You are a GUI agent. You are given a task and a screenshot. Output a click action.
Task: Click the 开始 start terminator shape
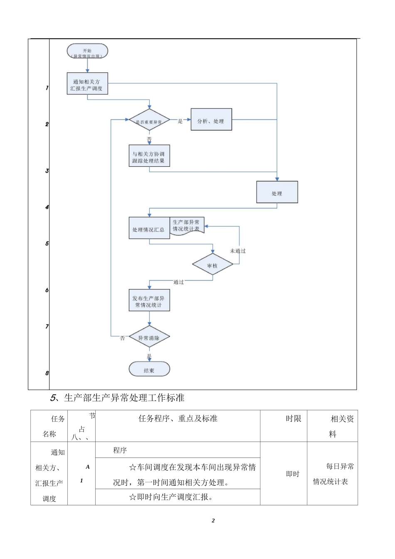point(87,52)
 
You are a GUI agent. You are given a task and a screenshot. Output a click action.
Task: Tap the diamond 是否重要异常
point(149,121)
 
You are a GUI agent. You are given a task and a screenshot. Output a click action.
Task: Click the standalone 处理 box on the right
point(277,193)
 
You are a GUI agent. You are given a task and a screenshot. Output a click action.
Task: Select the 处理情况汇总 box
point(149,228)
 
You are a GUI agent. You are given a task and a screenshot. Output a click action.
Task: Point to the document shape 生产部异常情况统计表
point(187,226)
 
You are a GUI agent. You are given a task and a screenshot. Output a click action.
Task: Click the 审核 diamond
point(212,265)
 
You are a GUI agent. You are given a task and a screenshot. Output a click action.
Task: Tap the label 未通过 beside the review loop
point(238,251)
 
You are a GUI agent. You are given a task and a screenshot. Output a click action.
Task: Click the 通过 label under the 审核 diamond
point(179,282)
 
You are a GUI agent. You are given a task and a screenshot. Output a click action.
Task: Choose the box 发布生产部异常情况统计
point(149,301)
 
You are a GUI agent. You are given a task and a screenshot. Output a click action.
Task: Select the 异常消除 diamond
point(149,337)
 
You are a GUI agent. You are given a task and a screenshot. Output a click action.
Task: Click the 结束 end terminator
point(149,369)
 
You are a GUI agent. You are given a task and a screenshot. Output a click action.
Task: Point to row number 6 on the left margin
point(47,290)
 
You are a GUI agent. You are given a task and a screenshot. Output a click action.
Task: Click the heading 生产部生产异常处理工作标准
point(124,398)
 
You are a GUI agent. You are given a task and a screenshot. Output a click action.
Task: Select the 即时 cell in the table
point(293,474)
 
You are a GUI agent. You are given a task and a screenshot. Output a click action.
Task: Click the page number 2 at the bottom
point(213,521)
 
